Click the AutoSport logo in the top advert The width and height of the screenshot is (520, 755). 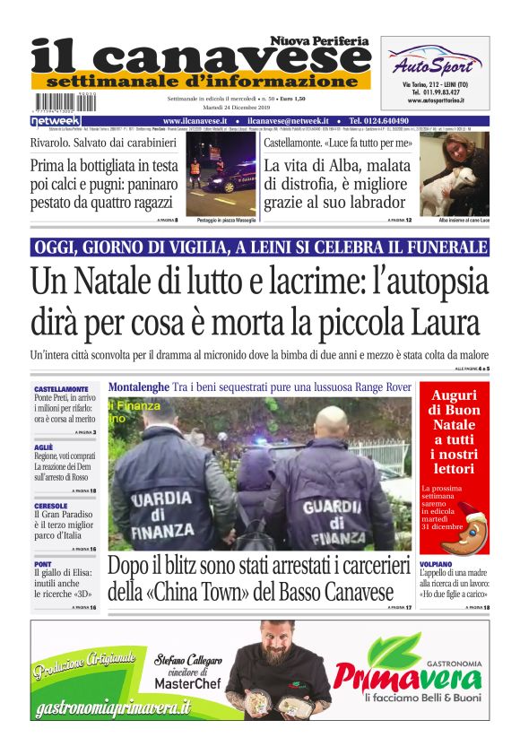(435, 64)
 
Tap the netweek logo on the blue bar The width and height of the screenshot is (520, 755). (56, 121)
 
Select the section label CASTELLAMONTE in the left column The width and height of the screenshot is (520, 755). (61, 389)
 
